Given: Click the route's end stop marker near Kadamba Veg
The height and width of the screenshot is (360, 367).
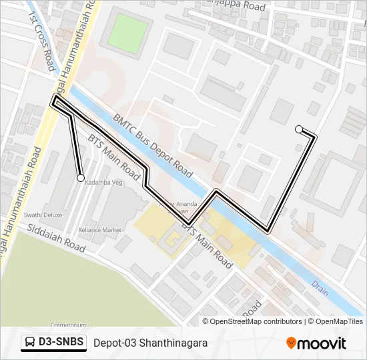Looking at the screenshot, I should [x=81, y=178].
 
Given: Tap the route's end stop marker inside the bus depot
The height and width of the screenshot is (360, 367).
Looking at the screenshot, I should [x=299, y=129].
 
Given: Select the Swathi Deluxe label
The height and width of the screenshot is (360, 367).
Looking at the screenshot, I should [x=43, y=215].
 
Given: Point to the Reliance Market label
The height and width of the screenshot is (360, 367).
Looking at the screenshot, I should [x=99, y=230].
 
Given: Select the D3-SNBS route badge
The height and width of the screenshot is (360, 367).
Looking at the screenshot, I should [x=54, y=343].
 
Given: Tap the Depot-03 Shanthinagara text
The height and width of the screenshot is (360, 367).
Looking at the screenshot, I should [x=150, y=343].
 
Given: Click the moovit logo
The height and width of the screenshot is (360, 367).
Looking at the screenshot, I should [x=316, y=343].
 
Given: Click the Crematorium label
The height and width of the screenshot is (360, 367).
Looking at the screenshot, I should [x=68, y=325].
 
